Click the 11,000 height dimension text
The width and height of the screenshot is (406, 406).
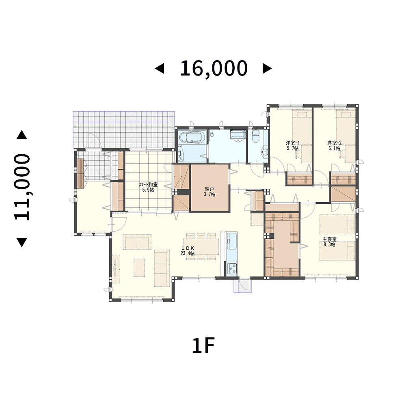coord(22,187)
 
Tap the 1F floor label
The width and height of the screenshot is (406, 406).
coord(203,346)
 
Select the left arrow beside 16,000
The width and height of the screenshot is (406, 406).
coord(159,69)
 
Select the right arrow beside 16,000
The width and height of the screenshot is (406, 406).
coord(267,69)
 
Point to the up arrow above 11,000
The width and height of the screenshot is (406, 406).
coord(22,135)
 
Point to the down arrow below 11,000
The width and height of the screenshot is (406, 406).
coord(22,242)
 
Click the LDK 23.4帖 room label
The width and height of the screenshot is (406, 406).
coord(188,251)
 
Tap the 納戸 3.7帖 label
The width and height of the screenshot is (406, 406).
coord(210,192)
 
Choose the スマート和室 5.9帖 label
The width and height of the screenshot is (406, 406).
coord(148,187)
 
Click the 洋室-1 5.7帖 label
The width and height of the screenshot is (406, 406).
coord(293,145)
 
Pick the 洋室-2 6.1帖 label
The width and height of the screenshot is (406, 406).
coord(334,145)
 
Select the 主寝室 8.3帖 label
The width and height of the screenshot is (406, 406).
coord(329,242)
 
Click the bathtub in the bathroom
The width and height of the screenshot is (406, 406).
coord(192,137)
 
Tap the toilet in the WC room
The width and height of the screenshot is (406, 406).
coord(256,136)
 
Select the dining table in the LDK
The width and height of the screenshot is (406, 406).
coord(201,246)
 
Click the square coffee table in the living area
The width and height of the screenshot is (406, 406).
coord(139,268)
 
